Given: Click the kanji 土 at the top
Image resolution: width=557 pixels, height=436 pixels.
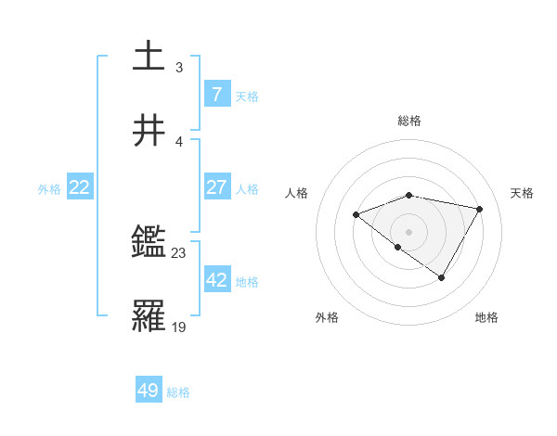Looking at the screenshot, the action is coord(149,56).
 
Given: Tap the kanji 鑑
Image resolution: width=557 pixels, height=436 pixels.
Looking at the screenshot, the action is coord(149,243).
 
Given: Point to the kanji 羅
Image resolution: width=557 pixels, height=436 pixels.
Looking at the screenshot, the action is coord(149,316).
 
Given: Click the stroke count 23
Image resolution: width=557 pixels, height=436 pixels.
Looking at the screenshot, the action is coord(179,252).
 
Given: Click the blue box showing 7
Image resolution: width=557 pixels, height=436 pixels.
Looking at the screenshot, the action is coord(217,94).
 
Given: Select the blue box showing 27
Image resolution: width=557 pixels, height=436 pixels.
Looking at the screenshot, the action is coord(217,186).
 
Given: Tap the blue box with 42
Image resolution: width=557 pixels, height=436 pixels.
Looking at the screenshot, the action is coord(217,279).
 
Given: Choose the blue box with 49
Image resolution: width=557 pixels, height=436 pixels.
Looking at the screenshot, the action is coord(149,391).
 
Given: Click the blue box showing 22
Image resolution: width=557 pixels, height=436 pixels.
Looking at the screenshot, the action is coord(80,187).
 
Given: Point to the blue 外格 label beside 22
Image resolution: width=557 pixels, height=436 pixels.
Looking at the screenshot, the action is coord(49,188).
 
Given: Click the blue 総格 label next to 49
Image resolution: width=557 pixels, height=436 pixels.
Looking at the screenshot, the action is coord(178,392).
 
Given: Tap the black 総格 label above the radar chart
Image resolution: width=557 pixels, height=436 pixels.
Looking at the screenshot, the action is coord(409,121).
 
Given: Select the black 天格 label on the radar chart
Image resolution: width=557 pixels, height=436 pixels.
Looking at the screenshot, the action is coord(523,193).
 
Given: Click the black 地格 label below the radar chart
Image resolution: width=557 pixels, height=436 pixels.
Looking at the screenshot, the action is coord(486,318).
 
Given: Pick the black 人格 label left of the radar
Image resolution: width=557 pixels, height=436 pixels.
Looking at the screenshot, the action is coord(297,193).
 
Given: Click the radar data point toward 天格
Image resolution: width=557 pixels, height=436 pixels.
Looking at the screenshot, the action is coord(479,209).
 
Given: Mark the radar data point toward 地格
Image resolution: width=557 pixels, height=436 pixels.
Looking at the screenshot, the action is coord(442,277).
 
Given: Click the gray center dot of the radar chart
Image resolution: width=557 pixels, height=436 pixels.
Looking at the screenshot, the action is coord(409,231).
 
